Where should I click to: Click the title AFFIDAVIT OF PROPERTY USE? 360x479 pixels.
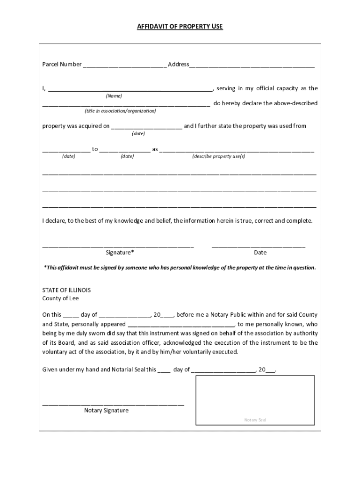[x=180, y=27]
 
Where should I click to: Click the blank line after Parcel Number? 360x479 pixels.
[x=124, y=65]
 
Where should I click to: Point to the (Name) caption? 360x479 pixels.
[x=114, y=96]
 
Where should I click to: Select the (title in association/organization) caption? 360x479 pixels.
[x=120, y=111]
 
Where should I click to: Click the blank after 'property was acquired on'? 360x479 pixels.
[x=147, y=127]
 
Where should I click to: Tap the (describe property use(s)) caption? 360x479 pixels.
[x=218, y=156]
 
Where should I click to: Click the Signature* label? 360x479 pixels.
[x=120, y=253]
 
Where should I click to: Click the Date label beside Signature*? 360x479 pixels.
[x=260, y=253]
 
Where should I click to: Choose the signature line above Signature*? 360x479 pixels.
[x=118, y=246]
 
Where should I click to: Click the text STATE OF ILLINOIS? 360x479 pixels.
[x=66, y=290]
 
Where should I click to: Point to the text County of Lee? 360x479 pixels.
[x=60, y=298]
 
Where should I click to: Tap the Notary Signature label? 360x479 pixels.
[x=106, y=410]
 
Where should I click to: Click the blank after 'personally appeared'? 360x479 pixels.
[x=180, y=325]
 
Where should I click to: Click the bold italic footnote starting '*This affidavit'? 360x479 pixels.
[x=180, y=268]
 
